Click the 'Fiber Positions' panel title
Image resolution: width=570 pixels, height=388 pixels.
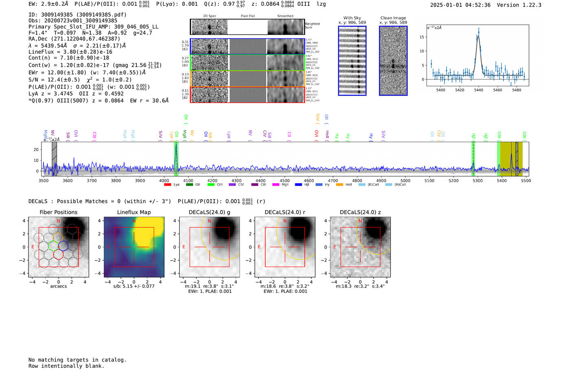(x=58, y=212)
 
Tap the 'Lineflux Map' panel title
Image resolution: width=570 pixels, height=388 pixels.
(x=134, y=212)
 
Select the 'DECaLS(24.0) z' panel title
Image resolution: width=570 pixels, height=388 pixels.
(x=360, y=212)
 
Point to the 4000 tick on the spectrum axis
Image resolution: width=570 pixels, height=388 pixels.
(x=164, y=180)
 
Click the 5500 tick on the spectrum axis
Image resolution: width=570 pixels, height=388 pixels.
(x=526, y=180)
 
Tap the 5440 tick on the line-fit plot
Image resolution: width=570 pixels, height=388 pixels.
(x=478, y=90)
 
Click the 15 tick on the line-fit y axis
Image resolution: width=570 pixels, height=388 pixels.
(x=422, y=37)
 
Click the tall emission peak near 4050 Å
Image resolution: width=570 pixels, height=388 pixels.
(x=176, y=145)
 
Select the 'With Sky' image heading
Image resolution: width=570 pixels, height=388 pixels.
(x=352, y=18)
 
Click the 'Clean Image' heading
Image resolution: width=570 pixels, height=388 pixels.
(x=393, y=18)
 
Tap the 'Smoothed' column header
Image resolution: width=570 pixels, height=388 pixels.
(x=285, y=16)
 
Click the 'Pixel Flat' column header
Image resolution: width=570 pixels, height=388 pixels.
(x=248, y=16)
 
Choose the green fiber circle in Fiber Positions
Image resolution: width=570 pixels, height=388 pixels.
(x=53, y=246)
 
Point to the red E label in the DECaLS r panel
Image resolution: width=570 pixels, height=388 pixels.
(x=259, y=247)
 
